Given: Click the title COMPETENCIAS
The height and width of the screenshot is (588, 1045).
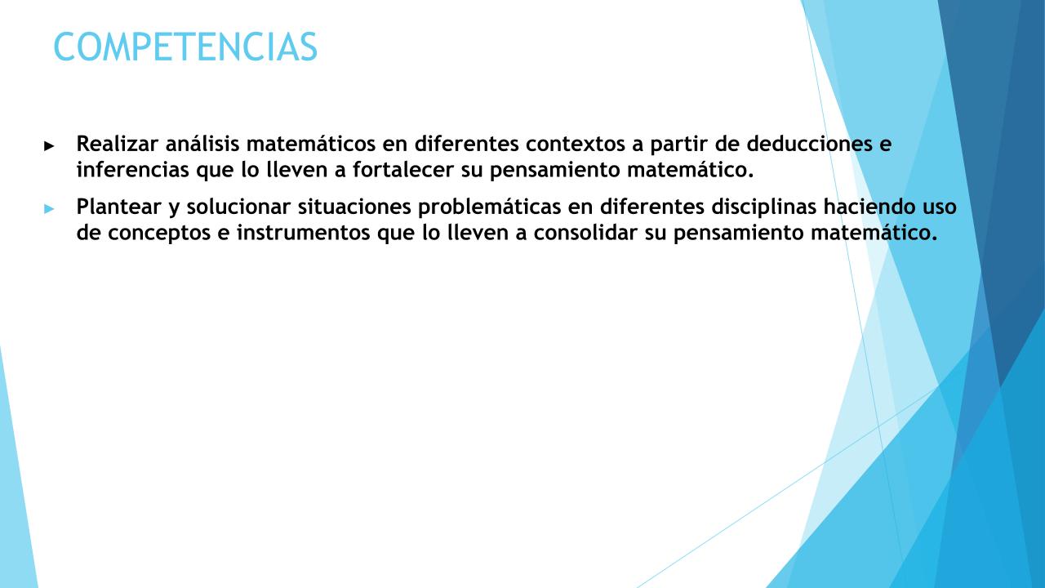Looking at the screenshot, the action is pos(185,47).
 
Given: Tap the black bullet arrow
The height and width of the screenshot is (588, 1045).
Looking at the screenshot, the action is pos(49,146).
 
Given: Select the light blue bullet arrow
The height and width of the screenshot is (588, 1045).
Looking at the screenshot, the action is pos(49,209).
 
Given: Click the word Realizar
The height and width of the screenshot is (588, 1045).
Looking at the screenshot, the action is pos(118,144).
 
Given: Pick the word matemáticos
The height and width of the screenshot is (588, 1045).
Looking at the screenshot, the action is pos(311,144).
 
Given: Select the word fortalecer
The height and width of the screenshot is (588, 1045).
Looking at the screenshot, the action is pos(403,169).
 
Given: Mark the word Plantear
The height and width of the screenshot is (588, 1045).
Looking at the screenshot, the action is pos(118,207).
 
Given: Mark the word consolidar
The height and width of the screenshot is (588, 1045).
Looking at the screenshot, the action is pos(585,233).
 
